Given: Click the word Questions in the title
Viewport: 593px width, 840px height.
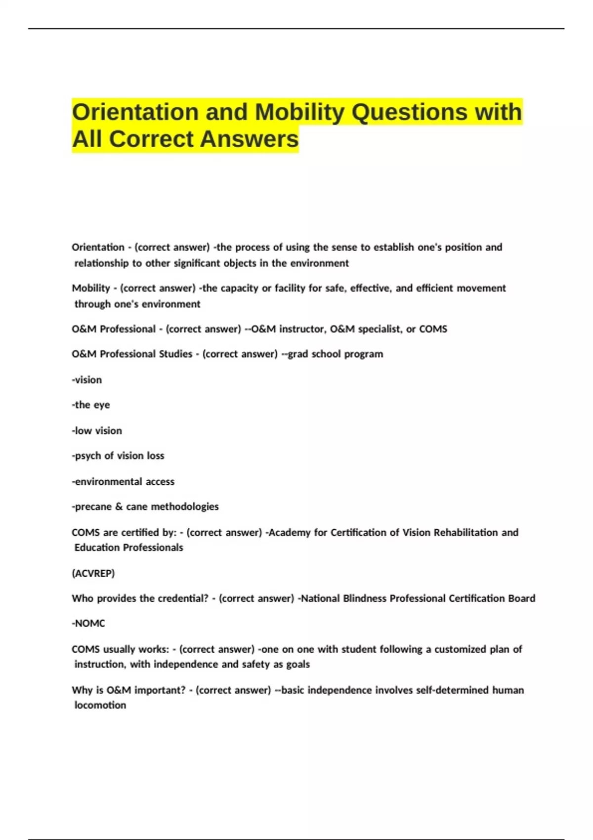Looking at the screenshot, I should pos(409,112).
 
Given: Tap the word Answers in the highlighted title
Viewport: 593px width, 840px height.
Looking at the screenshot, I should pos(250,139).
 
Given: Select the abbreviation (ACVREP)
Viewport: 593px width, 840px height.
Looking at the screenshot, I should pos(93,573).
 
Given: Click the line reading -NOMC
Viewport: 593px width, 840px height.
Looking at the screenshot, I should pos(88,624).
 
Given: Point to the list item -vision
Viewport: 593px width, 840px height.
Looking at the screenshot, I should pos(87,380).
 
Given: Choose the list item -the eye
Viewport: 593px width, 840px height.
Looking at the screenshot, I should pos(91,405).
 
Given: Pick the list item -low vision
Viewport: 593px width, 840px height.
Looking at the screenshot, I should pos(97,431).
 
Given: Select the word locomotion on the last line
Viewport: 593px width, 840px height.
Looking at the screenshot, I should pos(100,705).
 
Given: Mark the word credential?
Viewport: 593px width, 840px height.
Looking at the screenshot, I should pos(183,598).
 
